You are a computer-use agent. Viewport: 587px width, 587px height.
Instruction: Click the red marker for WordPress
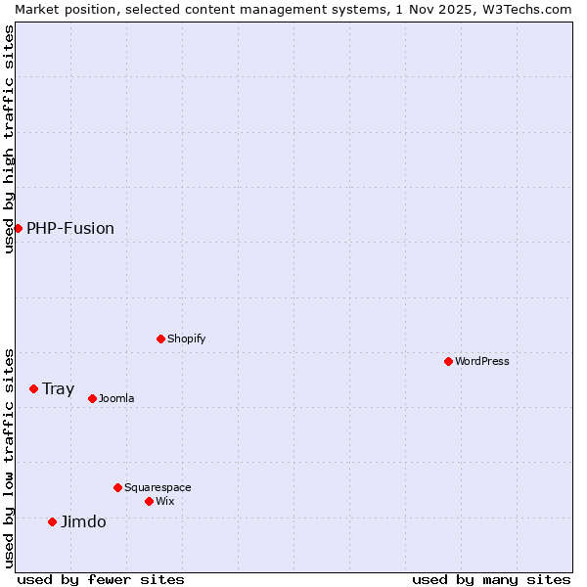(x=448, y=361)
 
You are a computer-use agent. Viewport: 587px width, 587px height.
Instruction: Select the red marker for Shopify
(x=160, y=339)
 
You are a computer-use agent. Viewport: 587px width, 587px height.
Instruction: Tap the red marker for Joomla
(x=92, y=398)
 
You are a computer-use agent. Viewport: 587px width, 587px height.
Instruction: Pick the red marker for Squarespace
(x=117, y=487)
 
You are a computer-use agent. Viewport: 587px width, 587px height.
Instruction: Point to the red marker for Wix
(x=149, y=501)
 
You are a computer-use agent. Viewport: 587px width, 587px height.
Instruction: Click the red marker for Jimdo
(x=52, y=521)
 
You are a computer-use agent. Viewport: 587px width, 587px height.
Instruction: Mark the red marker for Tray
(x=33, y=388)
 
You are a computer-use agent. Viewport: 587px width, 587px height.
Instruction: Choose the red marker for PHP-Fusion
(x=18, y=228)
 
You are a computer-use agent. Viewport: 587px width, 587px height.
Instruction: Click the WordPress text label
(x=482, y=361)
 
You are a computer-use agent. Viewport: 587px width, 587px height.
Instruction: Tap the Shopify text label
(x=187, y=339)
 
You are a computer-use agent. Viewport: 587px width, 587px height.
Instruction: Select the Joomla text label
(x=116, y=398)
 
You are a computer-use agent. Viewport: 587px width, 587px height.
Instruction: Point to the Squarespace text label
(x=158, y=487)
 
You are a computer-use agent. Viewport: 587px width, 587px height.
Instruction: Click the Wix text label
(x=165, y=501)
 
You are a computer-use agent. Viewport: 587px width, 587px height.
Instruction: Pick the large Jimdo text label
(x=83, y=521)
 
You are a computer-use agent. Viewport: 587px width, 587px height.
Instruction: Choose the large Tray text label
(x=59, y=388)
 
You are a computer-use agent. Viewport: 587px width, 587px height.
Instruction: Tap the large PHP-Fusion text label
(x=70, y=228)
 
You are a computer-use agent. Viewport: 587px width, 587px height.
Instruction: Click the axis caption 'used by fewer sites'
(x=101, y=579)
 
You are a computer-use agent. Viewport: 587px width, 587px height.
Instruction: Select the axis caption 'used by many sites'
(x=491, y=579)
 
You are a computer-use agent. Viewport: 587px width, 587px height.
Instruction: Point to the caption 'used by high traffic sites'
(x=9, y=140)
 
